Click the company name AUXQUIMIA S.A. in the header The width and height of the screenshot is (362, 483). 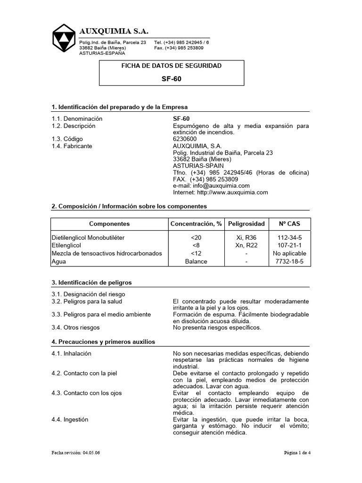point(114,31)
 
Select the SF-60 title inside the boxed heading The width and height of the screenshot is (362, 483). point(171,79)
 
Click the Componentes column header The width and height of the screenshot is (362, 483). point(109,224)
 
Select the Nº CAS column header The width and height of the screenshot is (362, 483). point(289,224)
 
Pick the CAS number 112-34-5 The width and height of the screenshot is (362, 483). point(289,238)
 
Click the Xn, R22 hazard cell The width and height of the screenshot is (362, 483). point(246,246)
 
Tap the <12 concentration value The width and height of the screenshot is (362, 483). point(196,253)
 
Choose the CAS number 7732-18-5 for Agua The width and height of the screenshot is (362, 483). point(289,261)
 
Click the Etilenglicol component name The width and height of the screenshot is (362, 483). point(66,246)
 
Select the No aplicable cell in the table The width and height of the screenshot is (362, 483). point(289,253)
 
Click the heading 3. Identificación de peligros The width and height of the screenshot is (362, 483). point(92,283)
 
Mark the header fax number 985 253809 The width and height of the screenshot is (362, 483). point(187,48)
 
